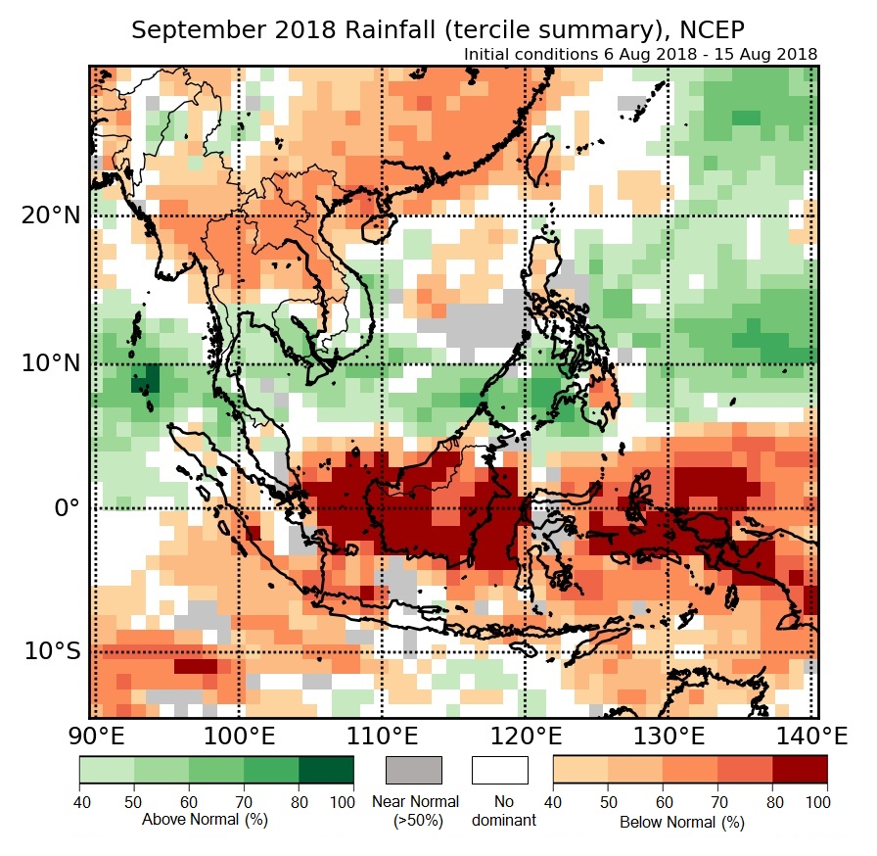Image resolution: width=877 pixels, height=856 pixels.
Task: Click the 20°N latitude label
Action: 49,215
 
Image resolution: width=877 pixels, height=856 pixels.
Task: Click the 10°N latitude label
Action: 49,363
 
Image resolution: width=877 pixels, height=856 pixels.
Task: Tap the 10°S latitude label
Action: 49,652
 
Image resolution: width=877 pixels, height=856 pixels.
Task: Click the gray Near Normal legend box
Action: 414,770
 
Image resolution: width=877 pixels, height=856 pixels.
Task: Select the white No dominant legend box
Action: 499,770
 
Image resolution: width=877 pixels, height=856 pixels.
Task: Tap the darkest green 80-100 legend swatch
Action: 327,770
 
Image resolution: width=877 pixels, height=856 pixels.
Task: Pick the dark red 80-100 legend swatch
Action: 799,770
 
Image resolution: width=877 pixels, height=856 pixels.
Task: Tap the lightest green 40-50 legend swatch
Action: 107,770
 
